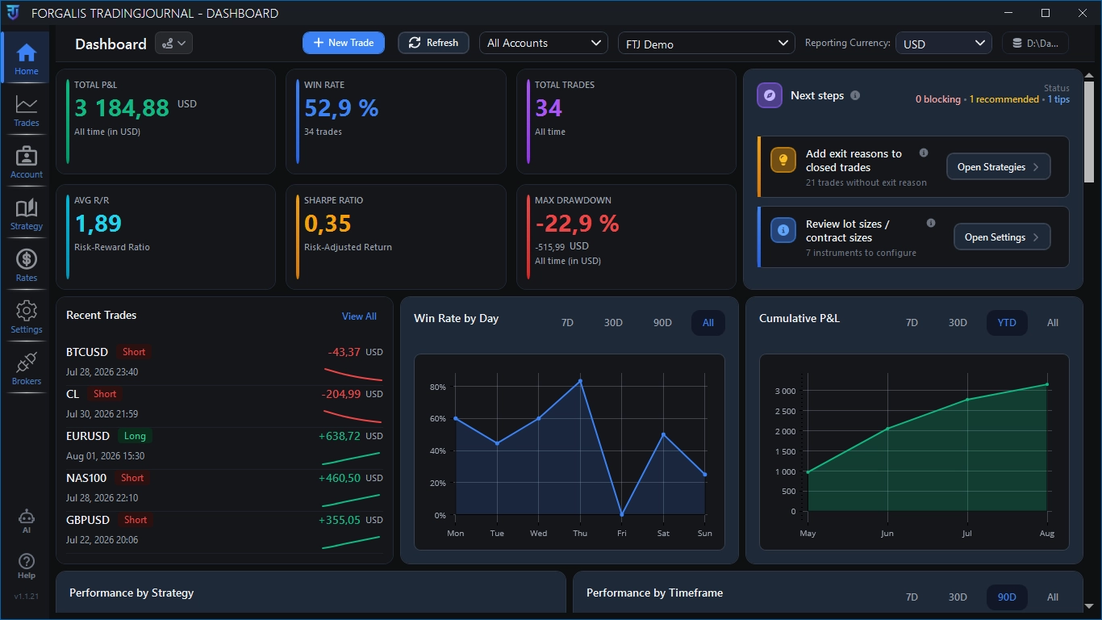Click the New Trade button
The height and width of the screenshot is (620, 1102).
pyautogui.click(x=344, y=43)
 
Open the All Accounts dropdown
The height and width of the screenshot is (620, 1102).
pyautogui.click(x=544, y=44)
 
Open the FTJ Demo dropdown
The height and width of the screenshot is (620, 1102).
pyautogui.click(x=707, y=44)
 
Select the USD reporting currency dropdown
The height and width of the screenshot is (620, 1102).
pyautogui.click(x=944, y=44)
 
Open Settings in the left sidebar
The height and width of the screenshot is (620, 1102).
pyautogui.click(x=26, y=316)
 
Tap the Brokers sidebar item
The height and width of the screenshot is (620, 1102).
pyautogui.click(x=26, y=368)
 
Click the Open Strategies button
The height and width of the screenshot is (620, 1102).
pyautogui.click(x=998, y=167)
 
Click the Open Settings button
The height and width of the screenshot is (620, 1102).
pyautogui.click(x=1002, y=237)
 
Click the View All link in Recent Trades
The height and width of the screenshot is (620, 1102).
pyautogui.click(x=359, y=316)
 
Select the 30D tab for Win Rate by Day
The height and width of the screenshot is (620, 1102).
pyautogui.click(x=613, y=323)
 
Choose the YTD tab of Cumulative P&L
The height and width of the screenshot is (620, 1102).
pyautogui.click(x=1007, y=323)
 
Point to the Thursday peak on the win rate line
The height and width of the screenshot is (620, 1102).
pyautogui.click(x=581, y=381)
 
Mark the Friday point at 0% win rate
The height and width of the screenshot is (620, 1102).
pyautogui.click(x=622, y=514)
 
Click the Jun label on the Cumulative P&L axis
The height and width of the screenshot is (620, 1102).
pyautogui.click(x=887, y=534)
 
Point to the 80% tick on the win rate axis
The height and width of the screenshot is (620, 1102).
pyautogui.click(x=437, y=387)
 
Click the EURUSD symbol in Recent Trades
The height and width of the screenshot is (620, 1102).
pyautogui.click(x=88, y=436)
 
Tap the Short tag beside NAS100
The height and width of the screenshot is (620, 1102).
pyautogui.click(x=132, y=478)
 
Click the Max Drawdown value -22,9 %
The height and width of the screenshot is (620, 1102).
pyautogui.click(x=577, y=224)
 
